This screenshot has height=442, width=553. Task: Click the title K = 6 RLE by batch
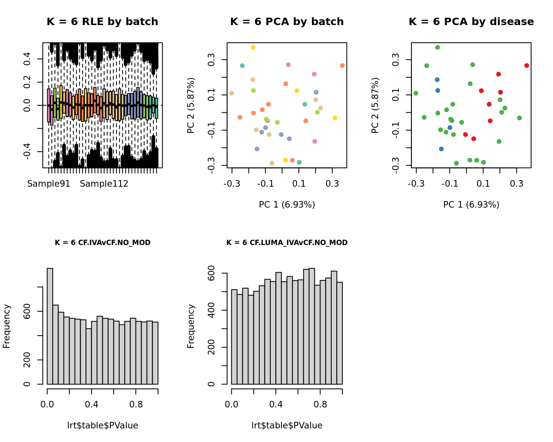tap(102, 22)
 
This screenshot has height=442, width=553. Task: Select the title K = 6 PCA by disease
tap(471, 22)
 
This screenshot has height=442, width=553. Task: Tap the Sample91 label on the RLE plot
tap(49, 184)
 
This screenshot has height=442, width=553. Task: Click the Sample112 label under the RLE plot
tap(104, 184)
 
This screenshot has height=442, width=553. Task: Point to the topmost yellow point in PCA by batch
tap(253, 48)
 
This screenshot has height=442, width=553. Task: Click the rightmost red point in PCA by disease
tap(527, 66)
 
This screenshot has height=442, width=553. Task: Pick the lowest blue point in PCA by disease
tap(441, 149)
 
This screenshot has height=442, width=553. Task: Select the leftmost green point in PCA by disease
tap(416, 93)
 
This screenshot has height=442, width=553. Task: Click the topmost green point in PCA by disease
tap(437, 48)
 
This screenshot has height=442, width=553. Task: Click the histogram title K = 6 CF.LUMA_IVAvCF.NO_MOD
tap(287, 243)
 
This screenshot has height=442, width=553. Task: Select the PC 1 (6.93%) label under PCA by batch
tap(287, 204)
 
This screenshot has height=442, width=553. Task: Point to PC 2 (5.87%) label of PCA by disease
tap(375, 105)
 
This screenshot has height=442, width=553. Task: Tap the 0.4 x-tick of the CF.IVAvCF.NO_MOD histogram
tap(91, 404)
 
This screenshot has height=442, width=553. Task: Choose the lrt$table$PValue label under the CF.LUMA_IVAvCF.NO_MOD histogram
tap(287, 426)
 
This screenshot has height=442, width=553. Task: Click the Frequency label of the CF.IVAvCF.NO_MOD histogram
tap(7, 326)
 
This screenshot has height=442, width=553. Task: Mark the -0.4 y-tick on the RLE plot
tap(27, 152)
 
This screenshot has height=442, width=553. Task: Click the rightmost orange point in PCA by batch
tap(342, 66)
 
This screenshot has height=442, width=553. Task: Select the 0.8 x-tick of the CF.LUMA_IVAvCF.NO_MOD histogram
tap(321, 404)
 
